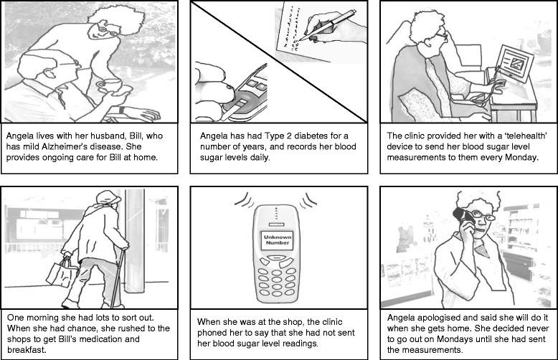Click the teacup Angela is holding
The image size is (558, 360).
[110, 85]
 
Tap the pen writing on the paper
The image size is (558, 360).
[327, 24]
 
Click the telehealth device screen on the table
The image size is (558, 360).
[514, 63]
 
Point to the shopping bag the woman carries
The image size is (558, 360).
[61, 272]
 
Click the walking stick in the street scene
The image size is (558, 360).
[118, 278]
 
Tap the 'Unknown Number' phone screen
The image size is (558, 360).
[278, 240]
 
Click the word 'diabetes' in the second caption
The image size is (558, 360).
[312, 136]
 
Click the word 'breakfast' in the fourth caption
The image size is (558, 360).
[27, 350]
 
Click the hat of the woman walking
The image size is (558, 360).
[108, 197]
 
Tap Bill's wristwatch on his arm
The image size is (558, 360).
[122, 110]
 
